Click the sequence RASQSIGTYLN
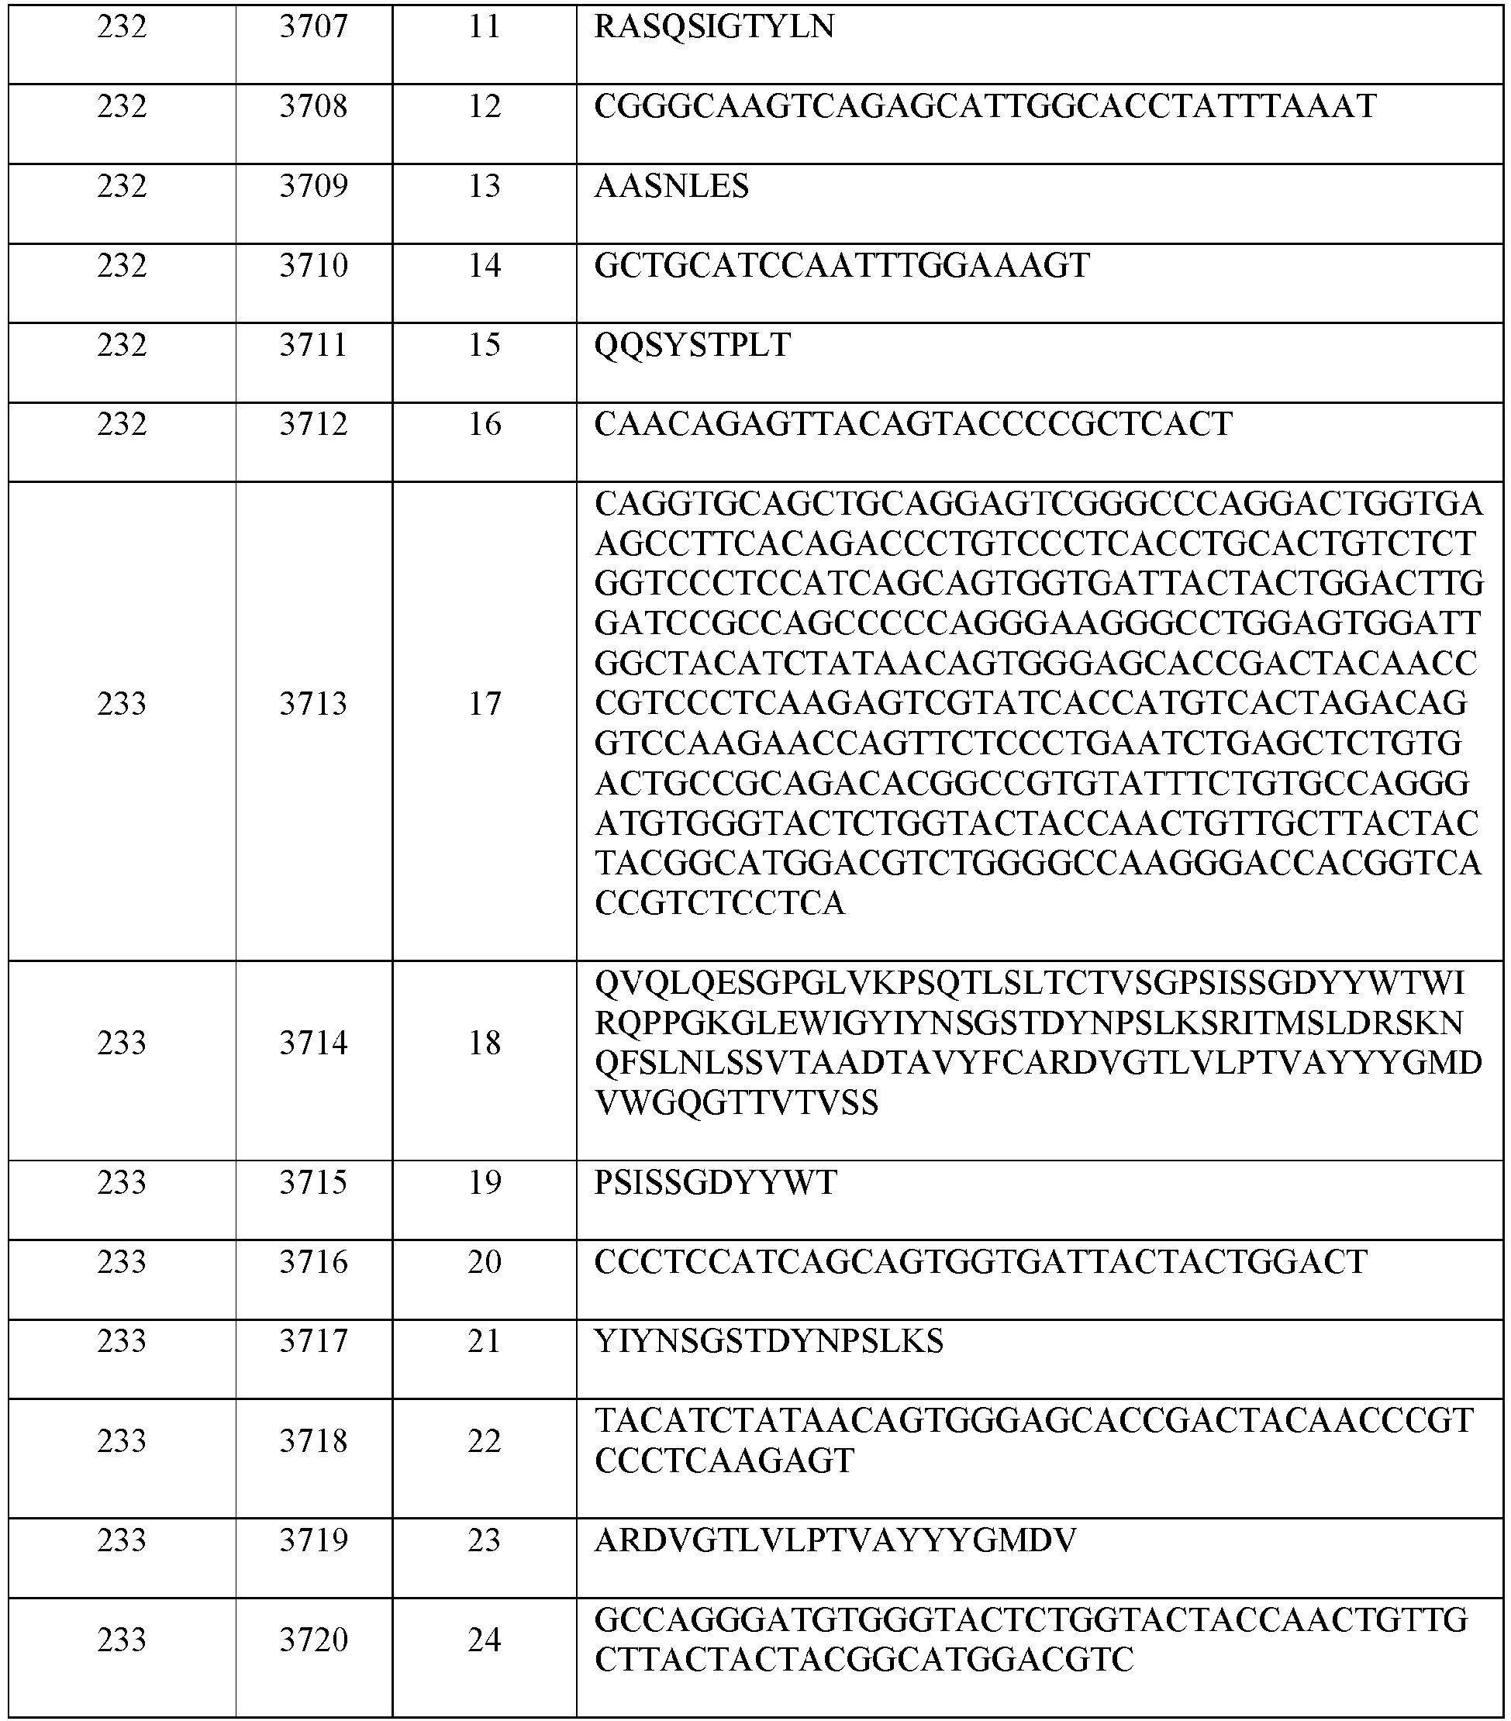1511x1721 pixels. tap(713, 28)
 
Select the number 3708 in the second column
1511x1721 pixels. tap(313, 107)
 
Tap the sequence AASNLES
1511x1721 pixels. tap(671, 186)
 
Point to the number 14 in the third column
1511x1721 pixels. tap(485, 266)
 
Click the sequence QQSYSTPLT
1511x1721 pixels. tap(692, 345)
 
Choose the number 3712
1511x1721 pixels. tap(313, 424)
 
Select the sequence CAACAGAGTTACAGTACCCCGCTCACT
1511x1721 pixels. tap(913, 424)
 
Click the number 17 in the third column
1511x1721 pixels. tap(485, 704)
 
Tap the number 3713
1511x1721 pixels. tap(313, 704)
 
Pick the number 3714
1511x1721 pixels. tap(313, 1043)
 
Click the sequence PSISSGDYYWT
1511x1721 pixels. tap(715, 1183)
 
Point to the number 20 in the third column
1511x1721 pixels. tap(485, 1262)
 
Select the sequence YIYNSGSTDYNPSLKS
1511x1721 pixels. tap(769, 1341)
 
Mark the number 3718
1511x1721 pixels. tap(313, 1440)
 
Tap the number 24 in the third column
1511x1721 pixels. tap(485, 1640)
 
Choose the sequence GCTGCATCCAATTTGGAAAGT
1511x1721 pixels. tap(842, 266)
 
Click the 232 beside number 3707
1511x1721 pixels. tap(122, 28)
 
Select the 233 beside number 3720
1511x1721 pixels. tap(122, 1640)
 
